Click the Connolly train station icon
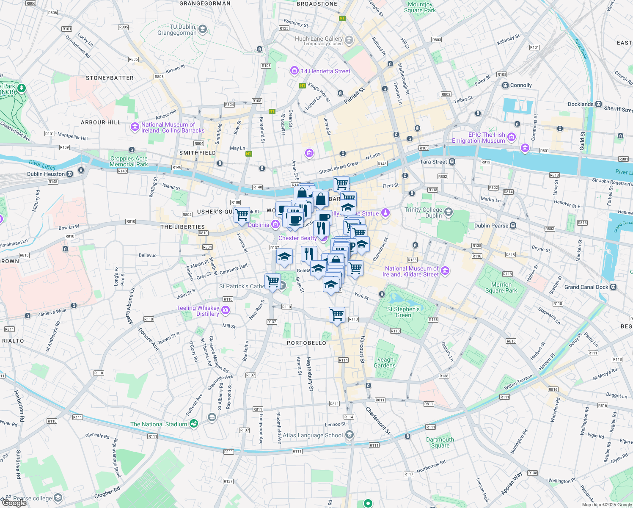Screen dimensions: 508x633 pyautogui.click(x=505, y=85)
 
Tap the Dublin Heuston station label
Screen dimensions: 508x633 pyautogui.click(x=46, y=174)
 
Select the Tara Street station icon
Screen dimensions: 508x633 pyautogui.click(x=452, y=162)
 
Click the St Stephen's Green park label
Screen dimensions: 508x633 pyautogui.click(x=403, y=312)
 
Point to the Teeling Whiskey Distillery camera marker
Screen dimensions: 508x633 pyautogui.click(x=226, y=310)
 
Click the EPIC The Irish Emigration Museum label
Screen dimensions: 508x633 pyautogui.click(x=478, y=138)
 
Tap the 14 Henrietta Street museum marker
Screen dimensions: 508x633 pyautogui.click(x=294, y=71)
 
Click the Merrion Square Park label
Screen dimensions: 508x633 pyautogui.click(x=501, y=287)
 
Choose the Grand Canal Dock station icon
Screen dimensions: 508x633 pyautogui.click(x=614, y=287)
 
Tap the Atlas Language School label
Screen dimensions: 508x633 pyautogui.click(x=312, y=435)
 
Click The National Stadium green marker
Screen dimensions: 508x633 pyautogui.click(x=194, y=424)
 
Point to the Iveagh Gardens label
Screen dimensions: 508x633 pyautogui.click(x=385, y=362)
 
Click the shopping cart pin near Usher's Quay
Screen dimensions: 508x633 pyautogui.click(x=242, y=214)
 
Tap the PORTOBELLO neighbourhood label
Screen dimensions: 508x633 pyautogui.click(x=306, y=343)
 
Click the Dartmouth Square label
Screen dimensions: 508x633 pyautogui.click(x=440, y=442)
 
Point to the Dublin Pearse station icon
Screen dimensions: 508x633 pyautogui.click(x=513, y=226)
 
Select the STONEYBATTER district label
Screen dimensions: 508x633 pyautogui.click(x=110, y=78)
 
